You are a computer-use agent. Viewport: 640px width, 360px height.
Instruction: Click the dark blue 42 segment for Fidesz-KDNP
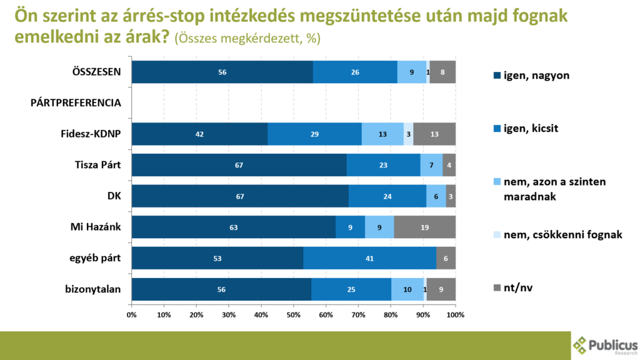point(199,134)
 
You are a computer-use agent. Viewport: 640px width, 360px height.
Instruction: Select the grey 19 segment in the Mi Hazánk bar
point(424,227)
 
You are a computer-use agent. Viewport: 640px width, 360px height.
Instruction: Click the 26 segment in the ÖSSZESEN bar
point(355,72)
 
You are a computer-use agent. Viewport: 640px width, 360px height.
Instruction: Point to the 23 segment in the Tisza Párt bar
point(383,166)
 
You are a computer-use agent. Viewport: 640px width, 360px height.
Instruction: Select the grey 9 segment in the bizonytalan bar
point(441,289)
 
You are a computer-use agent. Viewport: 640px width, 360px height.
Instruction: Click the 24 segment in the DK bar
point(387,196)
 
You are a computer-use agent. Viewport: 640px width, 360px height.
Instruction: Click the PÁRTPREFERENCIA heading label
point(76,102)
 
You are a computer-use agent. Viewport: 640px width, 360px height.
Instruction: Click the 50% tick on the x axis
point(294,314)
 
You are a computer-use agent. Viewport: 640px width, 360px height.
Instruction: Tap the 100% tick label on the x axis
point(455,314)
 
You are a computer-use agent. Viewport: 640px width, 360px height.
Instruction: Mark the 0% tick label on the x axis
point(131,314)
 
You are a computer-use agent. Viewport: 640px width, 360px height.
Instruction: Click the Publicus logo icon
point(580,346)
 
